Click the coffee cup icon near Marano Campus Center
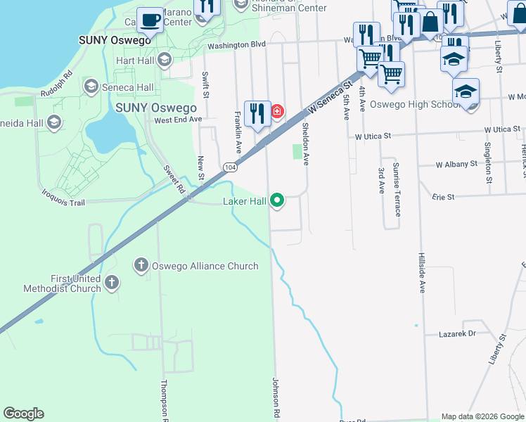[150, 19]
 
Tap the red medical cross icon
[277, 112]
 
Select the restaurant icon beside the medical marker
[257, 113]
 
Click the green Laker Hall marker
[278, 201]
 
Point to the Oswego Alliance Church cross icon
[141, 265]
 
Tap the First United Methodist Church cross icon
[112, 283]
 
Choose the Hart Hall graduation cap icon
[165, 60]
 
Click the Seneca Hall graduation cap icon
[91, 87]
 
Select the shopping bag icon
[430, 23]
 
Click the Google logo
[24, 414]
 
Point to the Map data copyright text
[483, 416]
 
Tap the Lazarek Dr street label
[457, 333]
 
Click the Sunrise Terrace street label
[397, 189]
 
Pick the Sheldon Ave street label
[305, 143]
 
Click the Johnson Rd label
[276, 398]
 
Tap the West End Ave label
[178, 120]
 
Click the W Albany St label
[456, 164]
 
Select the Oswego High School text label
[407, 105]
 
